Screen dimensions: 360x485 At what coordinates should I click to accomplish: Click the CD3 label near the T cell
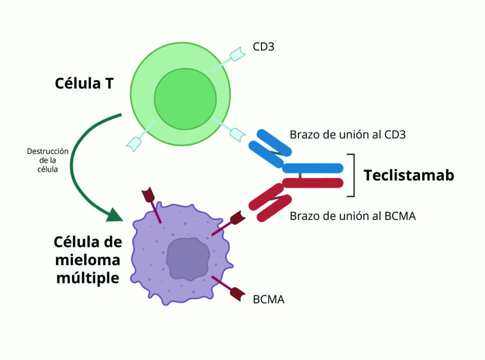(263, 47)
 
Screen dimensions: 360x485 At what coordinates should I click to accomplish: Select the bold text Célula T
(84, 83)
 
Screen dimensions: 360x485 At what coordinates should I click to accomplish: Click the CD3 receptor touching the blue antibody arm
(237, 133)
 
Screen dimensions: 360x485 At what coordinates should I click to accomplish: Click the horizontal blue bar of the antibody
(313, 168)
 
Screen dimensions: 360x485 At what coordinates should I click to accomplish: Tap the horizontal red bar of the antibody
(313, 183)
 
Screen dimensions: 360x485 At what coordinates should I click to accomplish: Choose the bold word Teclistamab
(408, 175)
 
